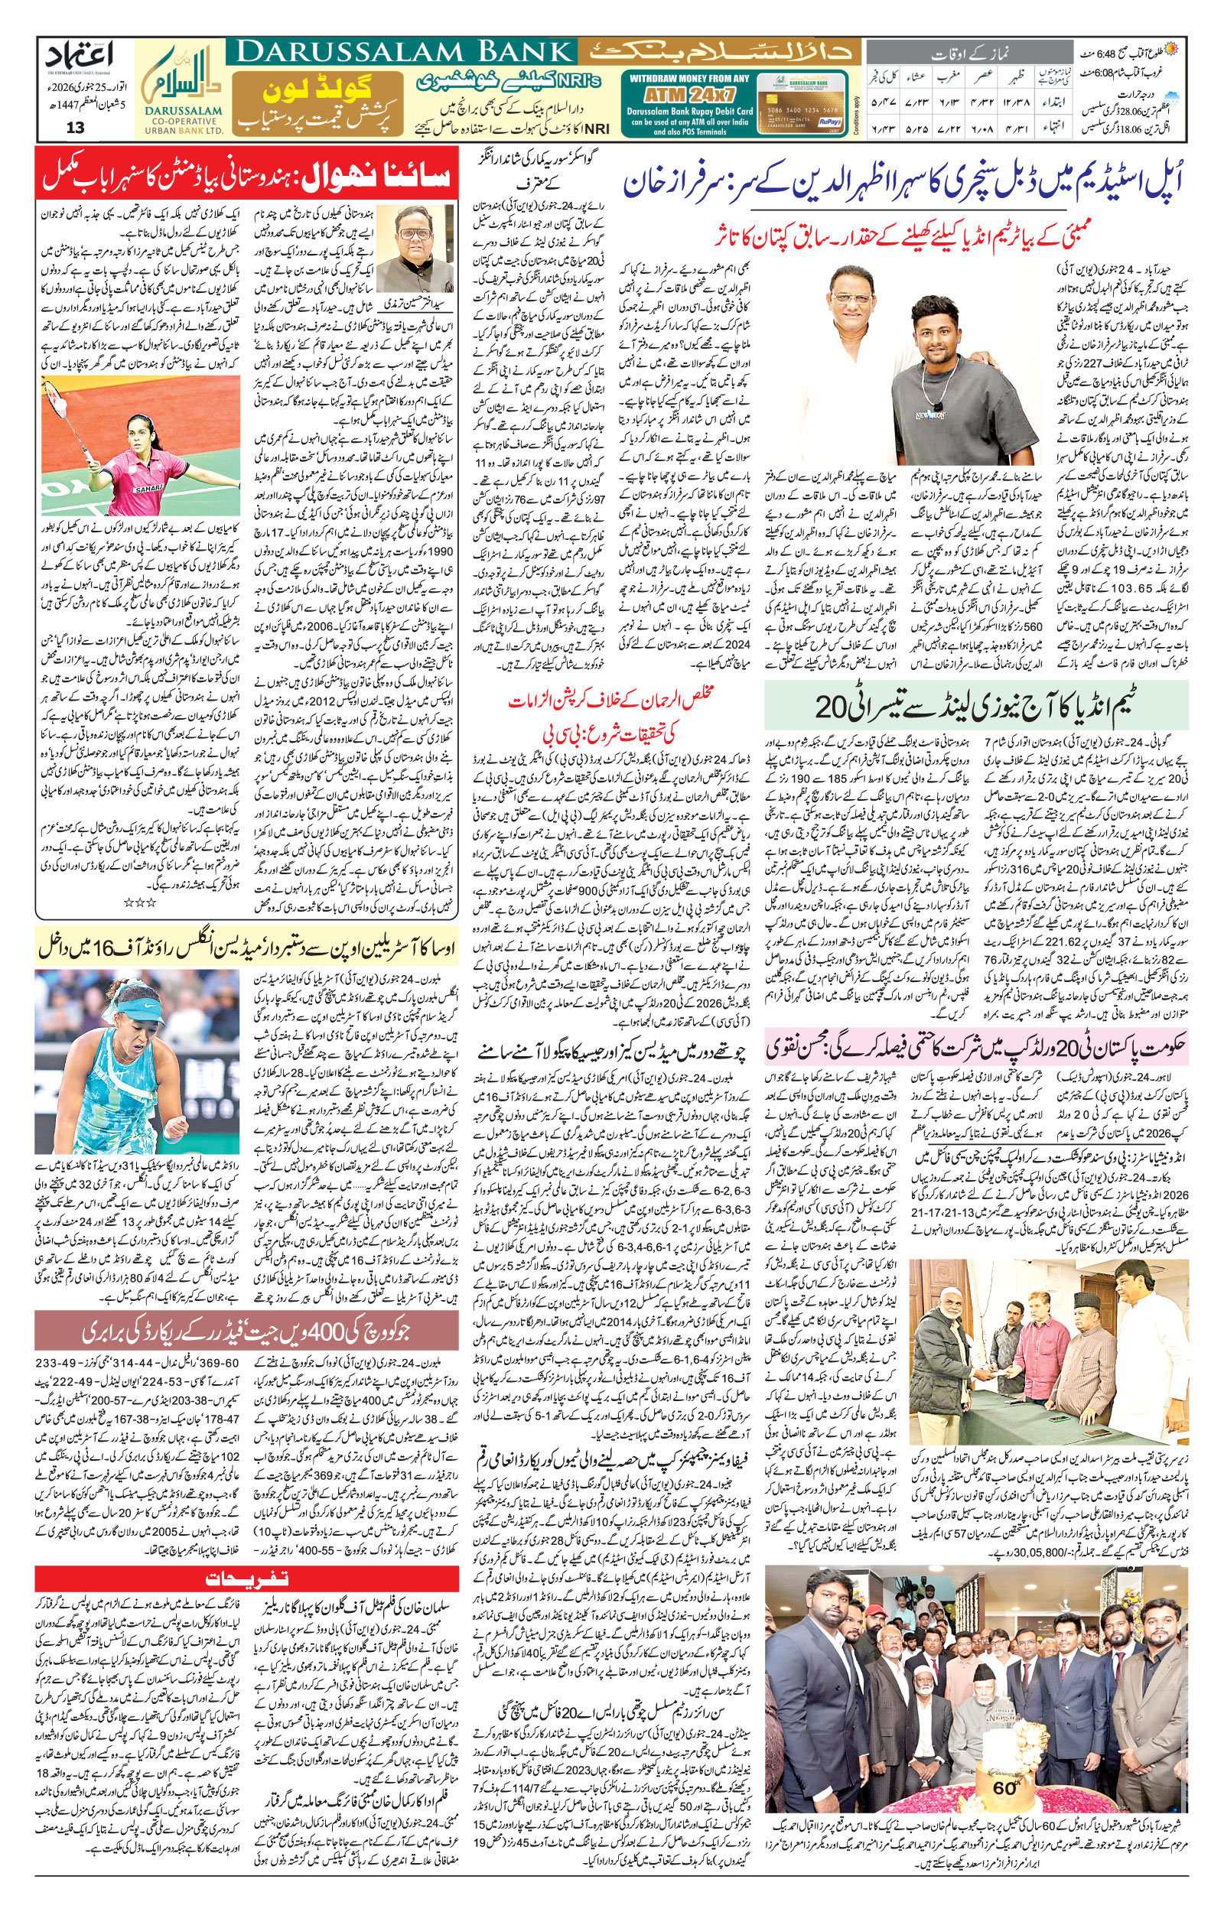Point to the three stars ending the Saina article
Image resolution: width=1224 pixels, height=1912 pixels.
(139, 903)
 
